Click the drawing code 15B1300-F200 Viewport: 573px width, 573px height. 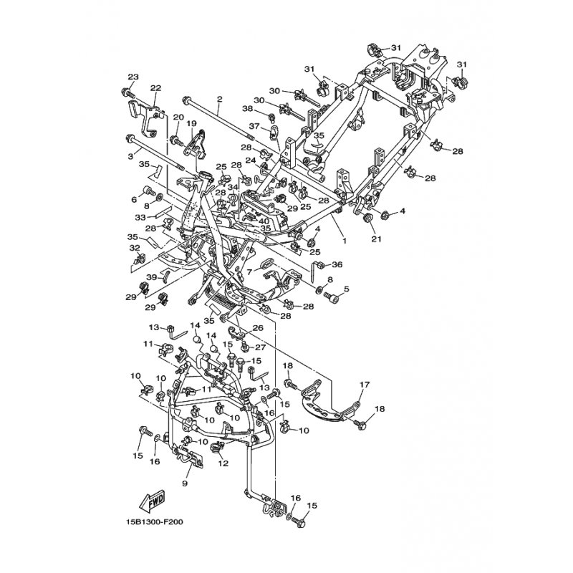153,522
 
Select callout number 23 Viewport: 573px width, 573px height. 133,77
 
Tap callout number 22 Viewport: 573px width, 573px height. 155,88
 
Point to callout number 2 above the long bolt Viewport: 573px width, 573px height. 219,99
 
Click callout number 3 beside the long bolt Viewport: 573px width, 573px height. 131,156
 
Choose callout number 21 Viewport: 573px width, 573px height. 377,239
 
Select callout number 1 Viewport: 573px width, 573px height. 344,241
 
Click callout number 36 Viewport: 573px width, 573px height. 337,264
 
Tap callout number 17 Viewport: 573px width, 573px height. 365,384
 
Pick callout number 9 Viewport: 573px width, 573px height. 185,483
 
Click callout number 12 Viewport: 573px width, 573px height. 223,463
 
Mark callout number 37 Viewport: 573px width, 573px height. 254,126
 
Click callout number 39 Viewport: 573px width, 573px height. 152,277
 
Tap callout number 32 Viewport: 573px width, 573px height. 135,247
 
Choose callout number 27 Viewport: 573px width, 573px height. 260,347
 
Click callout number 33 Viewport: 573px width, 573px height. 140,218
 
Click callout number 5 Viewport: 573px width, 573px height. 346,289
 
